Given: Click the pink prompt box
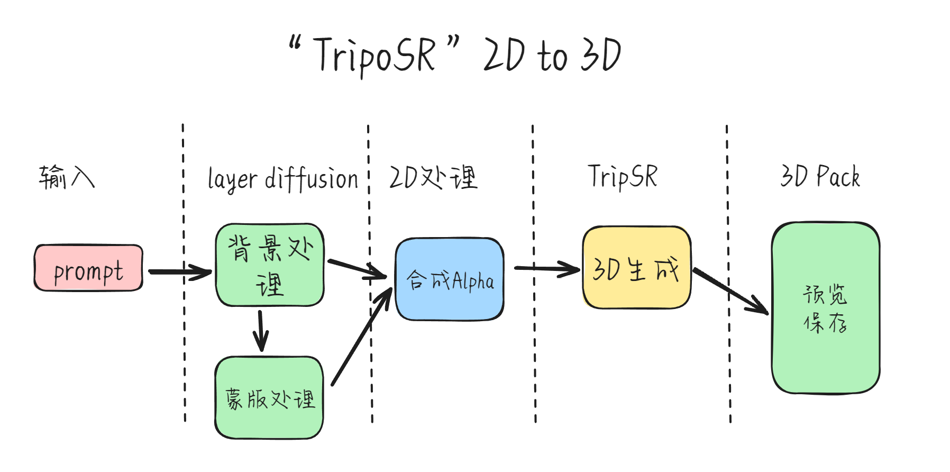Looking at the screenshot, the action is click(88, 268).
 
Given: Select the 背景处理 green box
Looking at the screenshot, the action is click(270, 265).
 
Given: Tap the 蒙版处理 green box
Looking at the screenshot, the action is click(269, 398).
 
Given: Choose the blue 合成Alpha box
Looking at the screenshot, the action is click(450, 279).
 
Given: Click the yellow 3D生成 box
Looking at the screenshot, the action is click(636, 268).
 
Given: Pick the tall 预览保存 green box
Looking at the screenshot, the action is click(826, 308).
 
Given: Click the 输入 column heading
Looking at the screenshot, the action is click(67, 177).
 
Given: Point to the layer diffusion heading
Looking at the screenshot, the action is click(283, 179).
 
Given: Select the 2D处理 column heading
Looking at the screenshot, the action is click(433, 177).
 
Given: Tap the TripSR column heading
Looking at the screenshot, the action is click(623, 177).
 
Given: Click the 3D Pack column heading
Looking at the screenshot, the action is click(820, 176).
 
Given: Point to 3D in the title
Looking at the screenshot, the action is click(600, 55).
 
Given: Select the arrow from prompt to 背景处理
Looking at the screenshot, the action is click(180, 272).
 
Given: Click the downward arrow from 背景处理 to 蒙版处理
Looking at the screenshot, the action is click(260, 331).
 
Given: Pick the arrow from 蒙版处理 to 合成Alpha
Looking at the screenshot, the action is click(361, 337).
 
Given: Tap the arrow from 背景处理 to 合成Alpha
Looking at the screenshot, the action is click(358, 269).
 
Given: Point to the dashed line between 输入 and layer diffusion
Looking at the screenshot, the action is click(184, 273).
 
